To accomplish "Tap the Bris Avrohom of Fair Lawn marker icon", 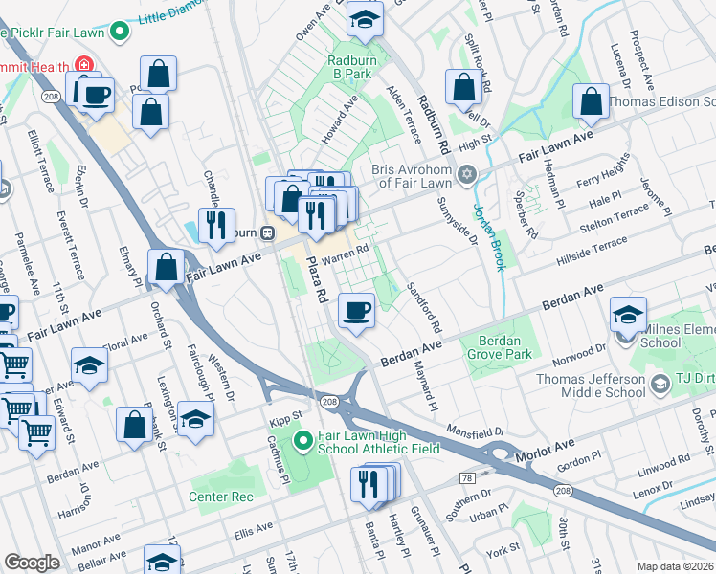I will pos(466,174).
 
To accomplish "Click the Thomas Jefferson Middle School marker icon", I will pos(660,385).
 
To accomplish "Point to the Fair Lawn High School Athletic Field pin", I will pos(302,442).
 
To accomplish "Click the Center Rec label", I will pos(221,497).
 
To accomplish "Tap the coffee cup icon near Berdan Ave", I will pos(356,311).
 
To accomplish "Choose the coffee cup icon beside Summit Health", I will pos(96,96).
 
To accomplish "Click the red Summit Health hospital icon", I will pos(84,66).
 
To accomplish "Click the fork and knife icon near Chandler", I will pos(216,226).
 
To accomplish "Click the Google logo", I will pos(33,563).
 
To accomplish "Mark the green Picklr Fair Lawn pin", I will pos(120,32).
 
